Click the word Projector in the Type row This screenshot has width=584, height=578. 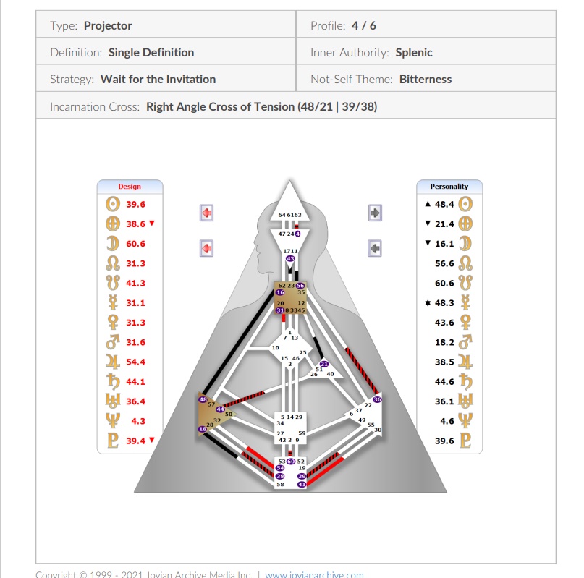pyautogui.click(x=108, y=25)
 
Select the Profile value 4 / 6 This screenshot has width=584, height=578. pyautogui.click(x=363, y=25)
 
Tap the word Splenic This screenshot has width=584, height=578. pyautogui.click(x=414, y=52)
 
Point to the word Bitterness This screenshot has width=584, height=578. pyautogui.click(x=426, y=79)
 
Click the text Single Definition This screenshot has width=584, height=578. pyautogui.click(x=151, y=52)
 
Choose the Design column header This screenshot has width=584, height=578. pyautogui.click(x=130, y=187)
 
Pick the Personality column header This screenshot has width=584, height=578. pyautogui.click(x=449, y=187)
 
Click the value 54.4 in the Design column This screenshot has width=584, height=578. pyautogui.click(x=135, y=362)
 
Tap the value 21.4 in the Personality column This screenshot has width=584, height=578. pyautogui.click(x=444, y=224)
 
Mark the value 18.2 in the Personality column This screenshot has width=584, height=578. pyautogui.click(x=444, y=342)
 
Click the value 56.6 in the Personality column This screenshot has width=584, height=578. pyautogui.click(x=444, y=264)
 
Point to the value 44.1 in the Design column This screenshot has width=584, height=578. pyautogui.click(x=135, y=381)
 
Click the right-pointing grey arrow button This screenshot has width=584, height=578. pyautogui.click(x=375, y=213)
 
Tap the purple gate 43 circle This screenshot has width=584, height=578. pyautogui.click(x=290, y=258)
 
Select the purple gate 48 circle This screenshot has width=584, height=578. pyautogui.click(x=203, y=399)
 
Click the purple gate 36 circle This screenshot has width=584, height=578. pyautogui.click(x=377, y=399)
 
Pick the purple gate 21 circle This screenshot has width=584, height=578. pyautogui.click(x=324, y=364)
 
